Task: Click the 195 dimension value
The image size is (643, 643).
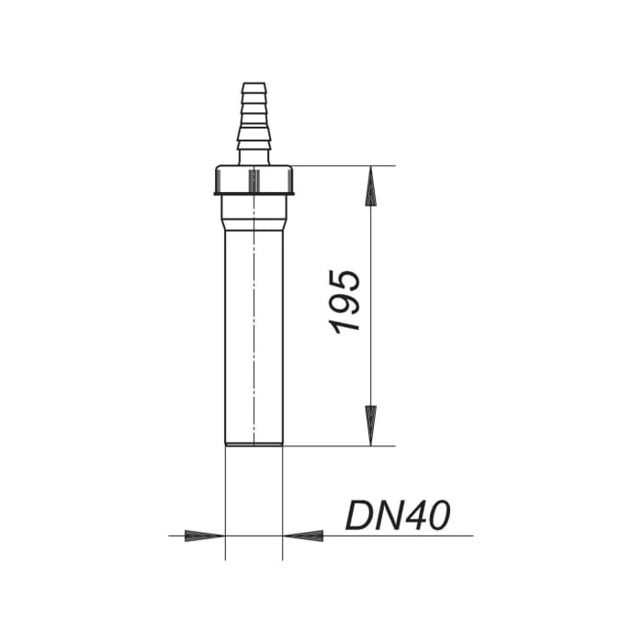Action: [347, 302]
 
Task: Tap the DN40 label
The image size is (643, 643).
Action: [398, 515]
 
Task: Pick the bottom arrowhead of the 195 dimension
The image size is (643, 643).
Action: [371, 424]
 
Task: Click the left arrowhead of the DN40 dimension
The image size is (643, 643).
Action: [204, 535]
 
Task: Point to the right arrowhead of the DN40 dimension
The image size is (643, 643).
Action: [303, 535]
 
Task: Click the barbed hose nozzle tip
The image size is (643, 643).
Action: [253, 92]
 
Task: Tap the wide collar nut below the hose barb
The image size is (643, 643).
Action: [253, 180]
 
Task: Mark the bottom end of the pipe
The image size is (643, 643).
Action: [253, 445]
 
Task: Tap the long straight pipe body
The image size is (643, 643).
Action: [253, 340]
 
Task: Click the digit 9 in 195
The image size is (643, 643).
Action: [347, 302]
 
